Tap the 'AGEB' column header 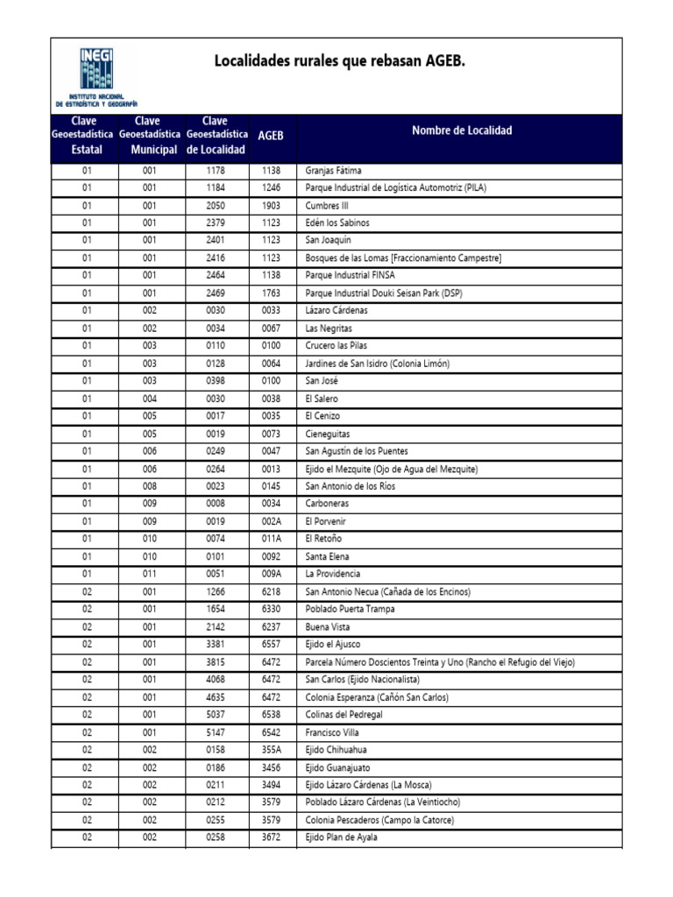271,137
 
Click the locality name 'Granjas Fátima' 333,171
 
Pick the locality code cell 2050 216,206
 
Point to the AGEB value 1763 271,293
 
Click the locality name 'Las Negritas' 329,328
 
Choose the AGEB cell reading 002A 271,521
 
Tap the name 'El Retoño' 322,539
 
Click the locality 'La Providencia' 332,574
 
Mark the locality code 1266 216,591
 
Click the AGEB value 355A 271,750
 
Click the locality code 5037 216,715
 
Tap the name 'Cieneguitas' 329,434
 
